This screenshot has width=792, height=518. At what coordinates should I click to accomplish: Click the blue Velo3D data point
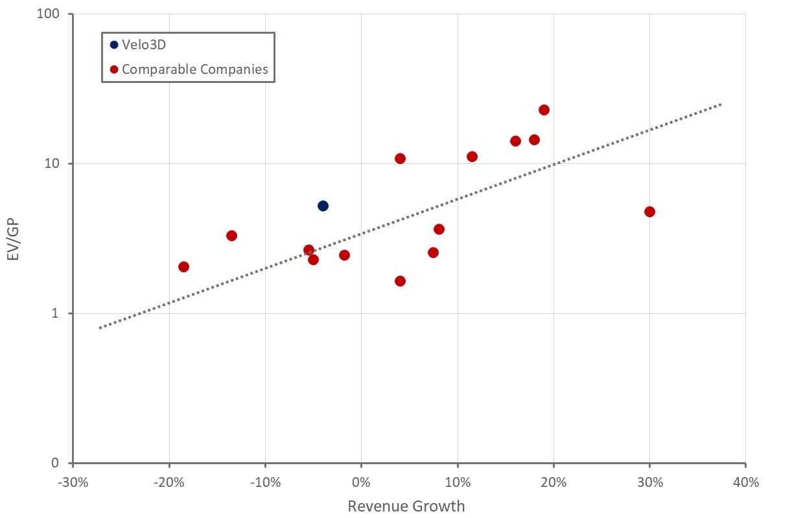(323, 206)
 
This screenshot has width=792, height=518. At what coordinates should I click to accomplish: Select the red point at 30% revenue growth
(649, 211)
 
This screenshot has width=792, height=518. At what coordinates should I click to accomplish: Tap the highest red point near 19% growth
(544, 110)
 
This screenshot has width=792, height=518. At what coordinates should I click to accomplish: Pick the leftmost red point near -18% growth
(183, 266)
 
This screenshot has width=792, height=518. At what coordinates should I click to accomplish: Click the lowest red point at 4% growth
(400, 281)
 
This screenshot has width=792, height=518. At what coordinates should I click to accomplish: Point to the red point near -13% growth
(231, 235)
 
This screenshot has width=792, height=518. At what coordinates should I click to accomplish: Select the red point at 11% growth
(472, 156)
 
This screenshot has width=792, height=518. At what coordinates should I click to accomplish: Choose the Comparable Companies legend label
(194, 69)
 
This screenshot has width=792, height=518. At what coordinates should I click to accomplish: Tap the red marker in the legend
(114, 69)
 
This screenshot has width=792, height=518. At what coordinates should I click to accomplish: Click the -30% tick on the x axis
(73, 482)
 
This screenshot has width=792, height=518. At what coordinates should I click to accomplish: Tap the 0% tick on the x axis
(361, 482)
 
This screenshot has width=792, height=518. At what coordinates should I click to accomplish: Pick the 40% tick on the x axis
(745, 482)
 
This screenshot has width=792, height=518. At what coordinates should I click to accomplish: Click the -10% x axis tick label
(265, 482)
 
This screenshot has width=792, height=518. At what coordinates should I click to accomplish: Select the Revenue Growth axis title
(406, 506)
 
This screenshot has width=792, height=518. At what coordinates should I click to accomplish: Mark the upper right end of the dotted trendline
(720, 104)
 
